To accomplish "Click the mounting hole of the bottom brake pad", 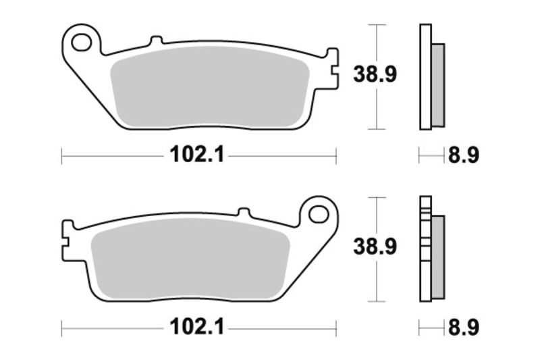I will (x=317, y=215).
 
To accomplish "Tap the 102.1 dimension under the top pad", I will (x=195, y=157).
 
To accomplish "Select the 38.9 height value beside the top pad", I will (x=375, y=75).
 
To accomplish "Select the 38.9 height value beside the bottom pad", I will (x=375, y=247).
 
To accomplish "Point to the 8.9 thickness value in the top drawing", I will (x=463, y=157).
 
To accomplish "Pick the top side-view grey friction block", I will (x=437, y=84).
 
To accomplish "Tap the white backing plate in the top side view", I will (x=425, y=76).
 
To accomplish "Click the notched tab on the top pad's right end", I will (x=331, y=68).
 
